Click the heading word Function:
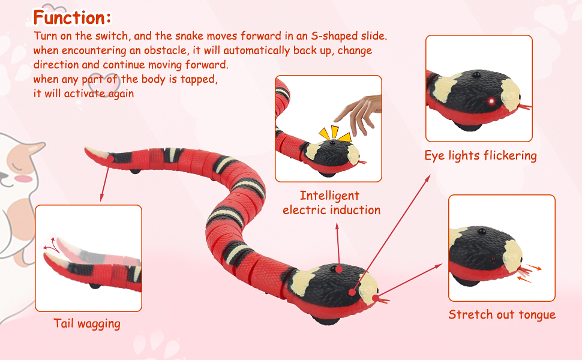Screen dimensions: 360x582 coord(72,17)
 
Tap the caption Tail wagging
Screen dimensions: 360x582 coord(87,324)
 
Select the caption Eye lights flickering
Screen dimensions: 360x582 coord(480,156)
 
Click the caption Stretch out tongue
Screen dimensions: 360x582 coord(502,315)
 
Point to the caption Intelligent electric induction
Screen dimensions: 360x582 coord(331,203)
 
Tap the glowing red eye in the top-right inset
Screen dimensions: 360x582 coord(491,100)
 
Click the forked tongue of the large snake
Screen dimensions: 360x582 coord(380,298)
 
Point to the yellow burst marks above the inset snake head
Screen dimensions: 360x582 coord(334,134)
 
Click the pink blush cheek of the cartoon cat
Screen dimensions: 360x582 coord(23,178)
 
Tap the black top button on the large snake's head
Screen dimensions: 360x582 coord(340,270)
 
